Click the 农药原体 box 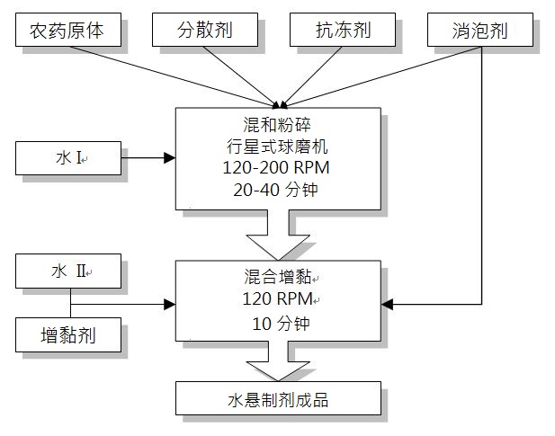[68, 30]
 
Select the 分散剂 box [205, 30]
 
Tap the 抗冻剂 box [343, 30]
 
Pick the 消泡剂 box [480, 30]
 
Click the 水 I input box [68, 158]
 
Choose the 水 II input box [68, 271]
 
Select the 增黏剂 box [68, 335]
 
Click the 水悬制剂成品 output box [278, 398]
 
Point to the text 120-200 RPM [276, 167]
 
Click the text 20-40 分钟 [276, 190]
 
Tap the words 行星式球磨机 [277, 147]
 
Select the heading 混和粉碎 [277, 124]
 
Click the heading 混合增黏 [278, 277]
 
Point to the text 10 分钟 [281, 324]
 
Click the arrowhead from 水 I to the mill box [170, 158]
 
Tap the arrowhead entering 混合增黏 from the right [387, 304]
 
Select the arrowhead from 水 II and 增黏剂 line [170, 304]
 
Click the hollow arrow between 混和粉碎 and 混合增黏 [278, 236]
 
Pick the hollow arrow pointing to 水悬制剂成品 [278, 361]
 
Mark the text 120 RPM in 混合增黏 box [277, 298]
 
